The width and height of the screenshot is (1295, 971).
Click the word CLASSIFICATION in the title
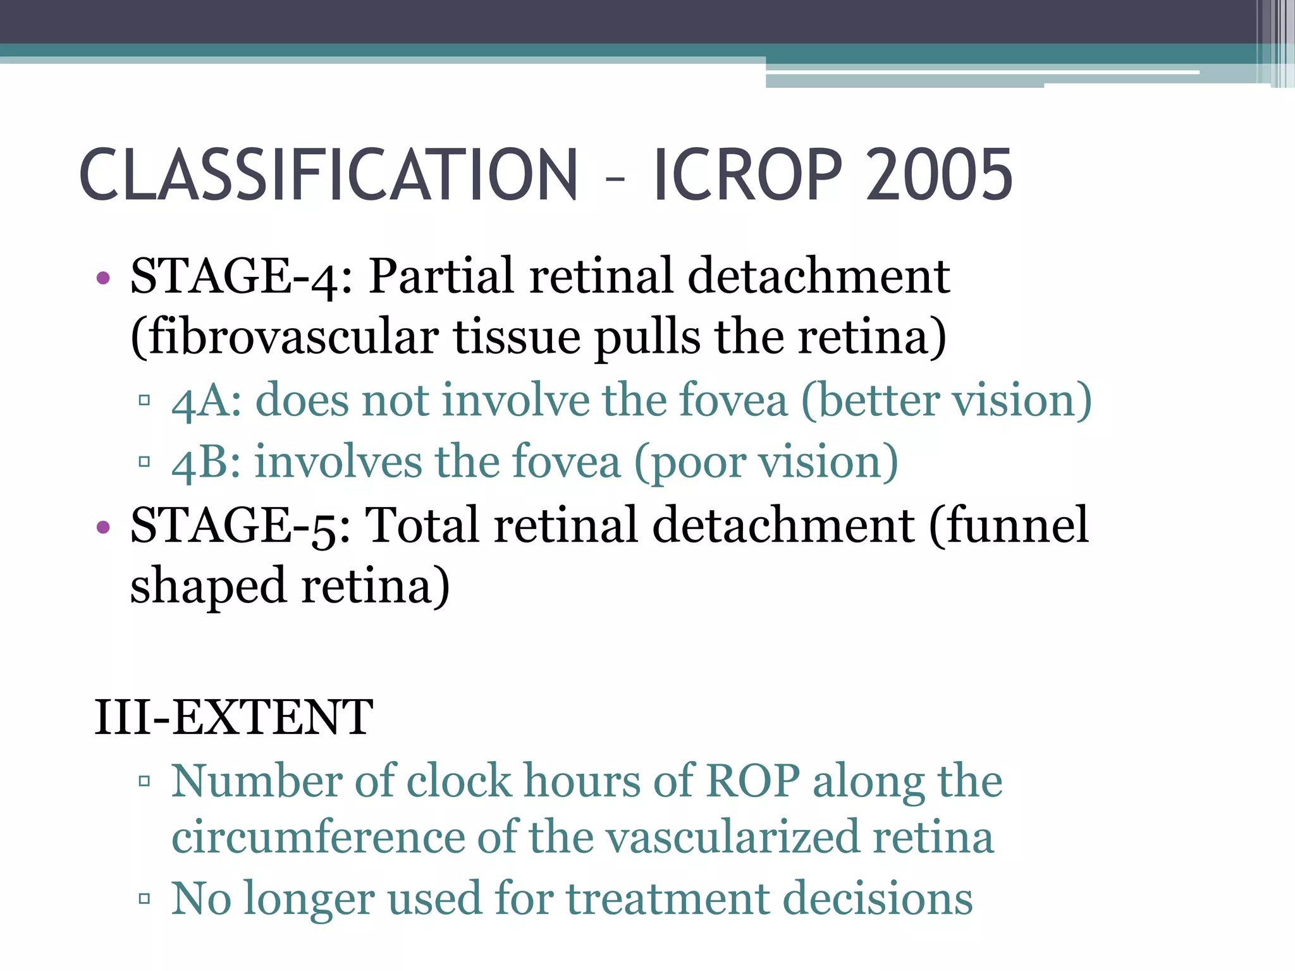328,174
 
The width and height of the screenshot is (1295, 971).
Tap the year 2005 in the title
939,174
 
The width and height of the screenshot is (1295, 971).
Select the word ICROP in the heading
747,174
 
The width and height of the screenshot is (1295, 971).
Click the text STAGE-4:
241,276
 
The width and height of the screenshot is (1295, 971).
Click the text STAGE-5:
240,525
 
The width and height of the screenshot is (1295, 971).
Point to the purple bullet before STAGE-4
103,278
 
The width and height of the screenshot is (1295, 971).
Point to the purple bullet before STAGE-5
103,527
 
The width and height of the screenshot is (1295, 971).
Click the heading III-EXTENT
233,718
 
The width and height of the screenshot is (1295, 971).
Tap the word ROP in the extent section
752,781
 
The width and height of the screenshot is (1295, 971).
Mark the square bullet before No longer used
144,898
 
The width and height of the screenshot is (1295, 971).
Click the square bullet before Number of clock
144,781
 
